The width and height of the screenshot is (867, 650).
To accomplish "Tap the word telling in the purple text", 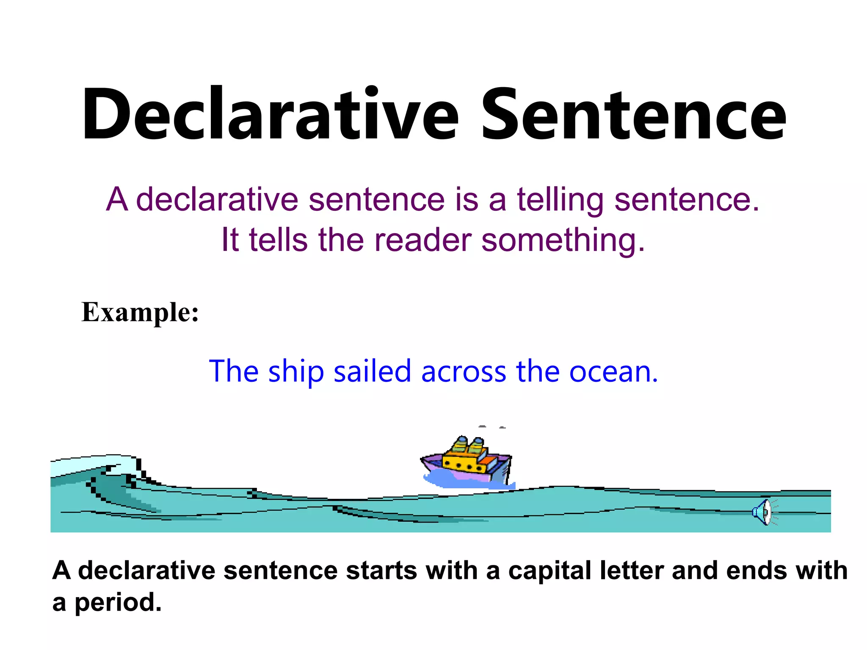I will coord(561,200).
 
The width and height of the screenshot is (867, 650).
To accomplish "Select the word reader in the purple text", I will coord(422,240).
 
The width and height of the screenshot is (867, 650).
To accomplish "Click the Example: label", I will coord(140,312).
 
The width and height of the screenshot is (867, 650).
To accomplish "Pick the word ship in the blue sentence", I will coord(296,372).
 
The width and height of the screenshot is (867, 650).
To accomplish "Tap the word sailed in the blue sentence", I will coord(372,371).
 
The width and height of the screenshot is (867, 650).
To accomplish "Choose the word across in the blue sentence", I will coord(464,372).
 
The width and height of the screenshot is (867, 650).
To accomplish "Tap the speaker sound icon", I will coord(763,512).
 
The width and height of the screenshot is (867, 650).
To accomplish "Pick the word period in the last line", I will coord(118,603).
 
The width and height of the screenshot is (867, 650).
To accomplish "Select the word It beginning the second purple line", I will coord(230,240).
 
